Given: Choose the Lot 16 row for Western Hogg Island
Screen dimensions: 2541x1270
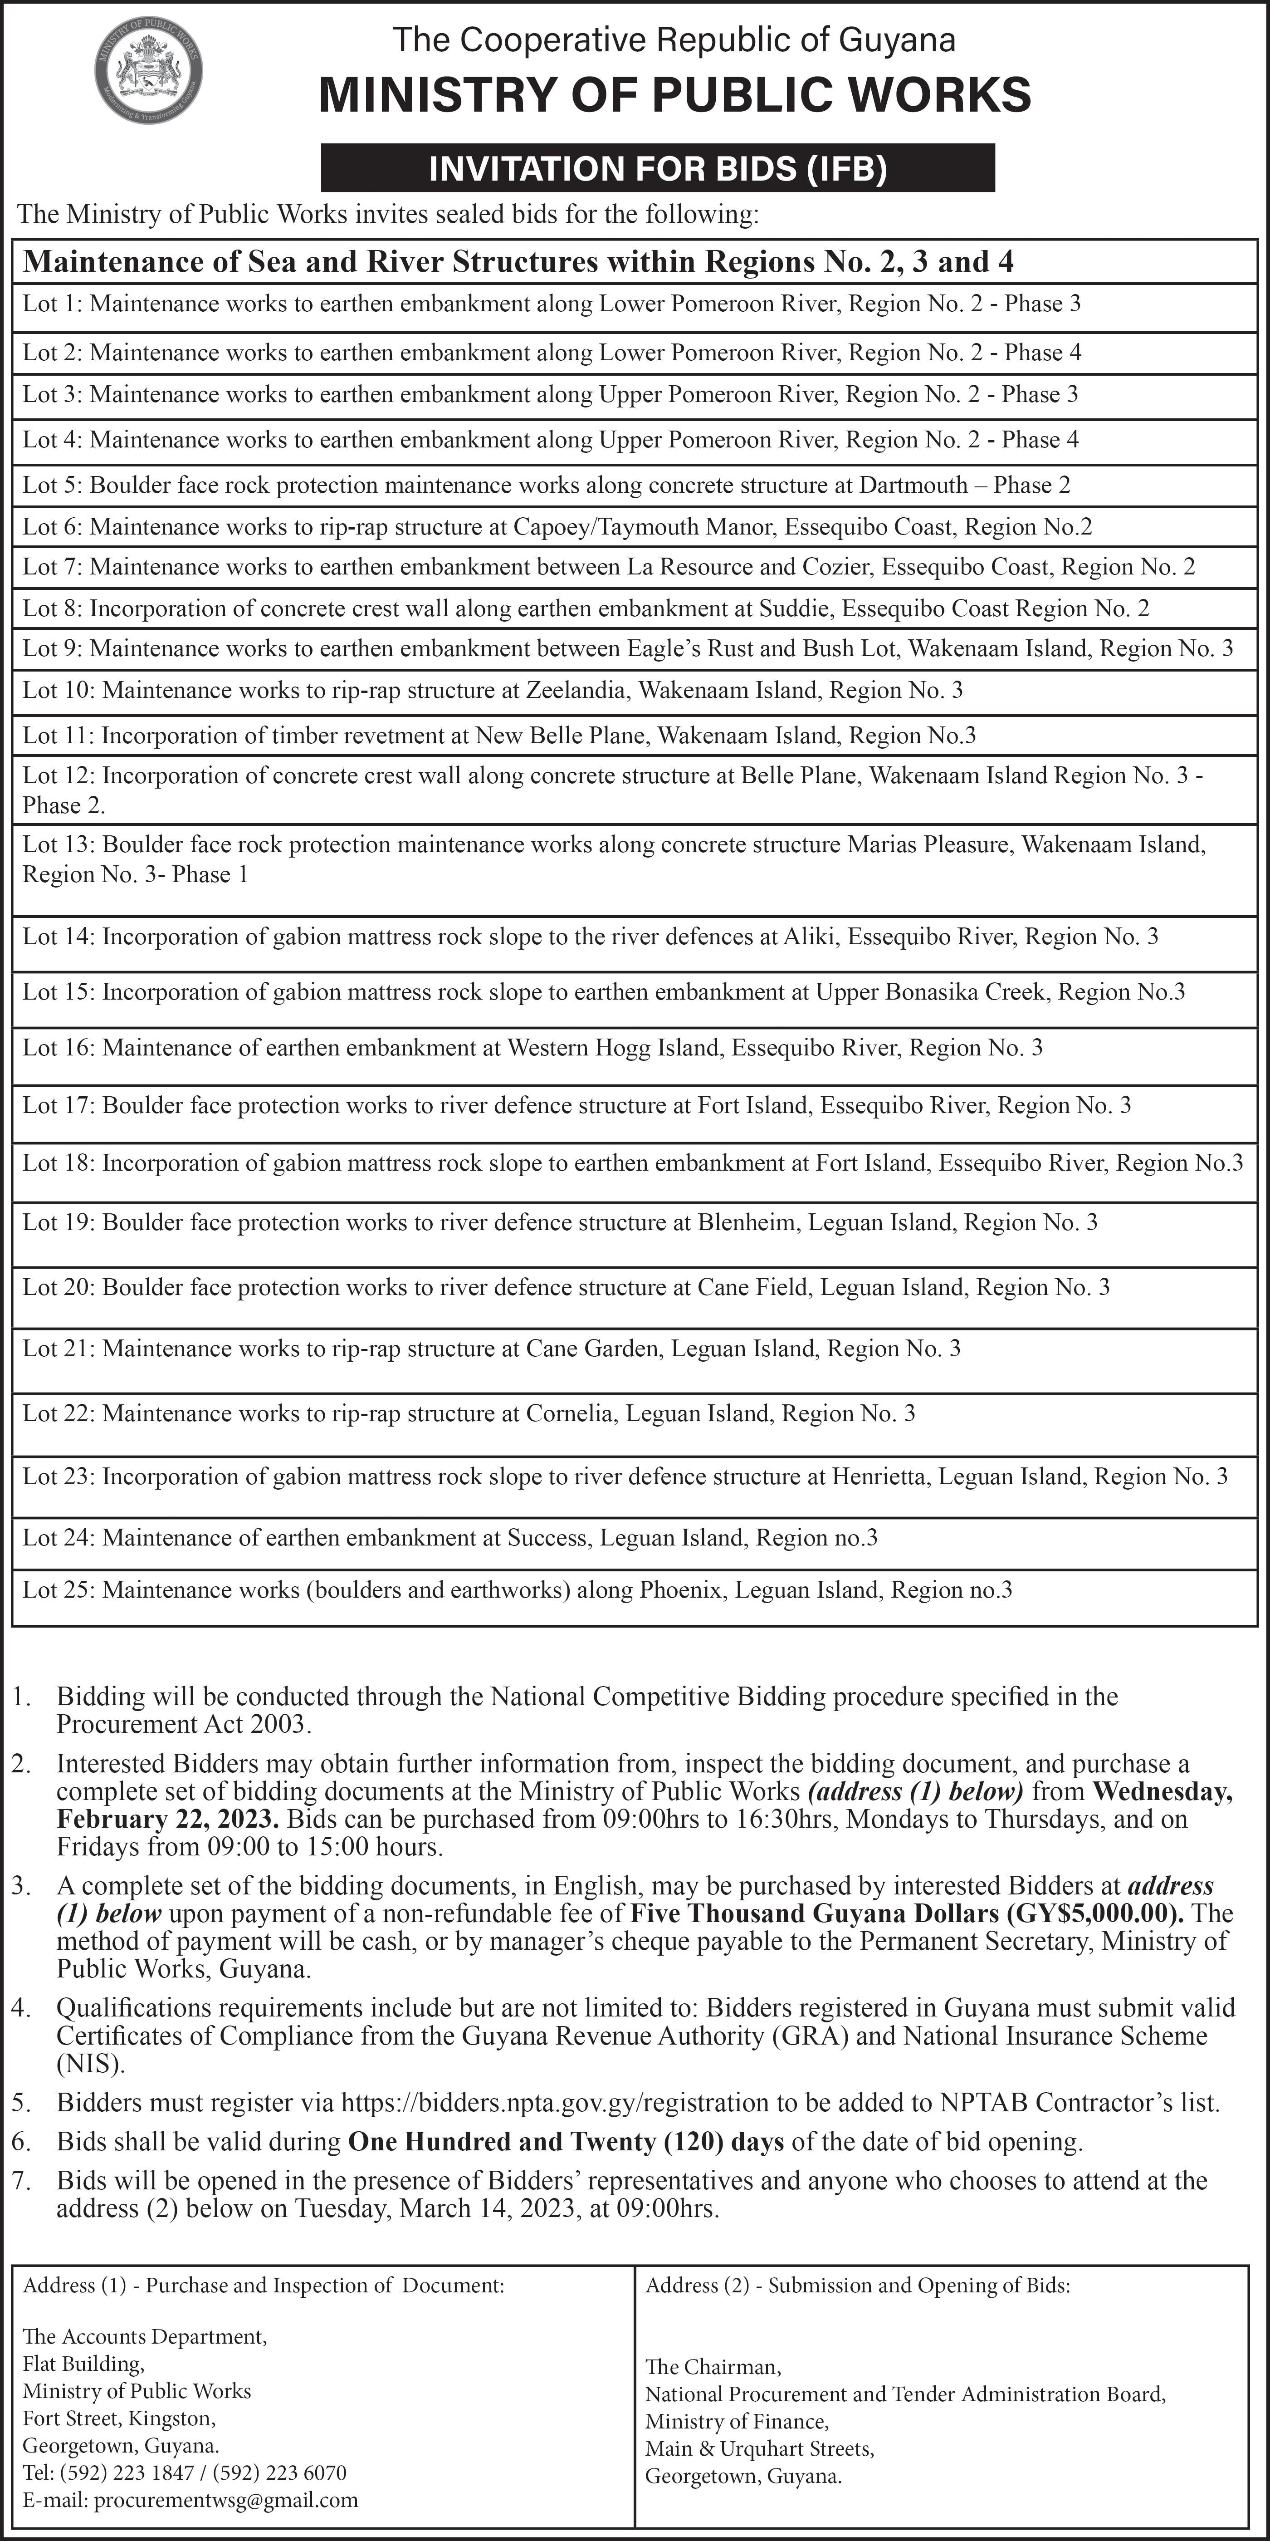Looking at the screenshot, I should point(532,1048).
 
